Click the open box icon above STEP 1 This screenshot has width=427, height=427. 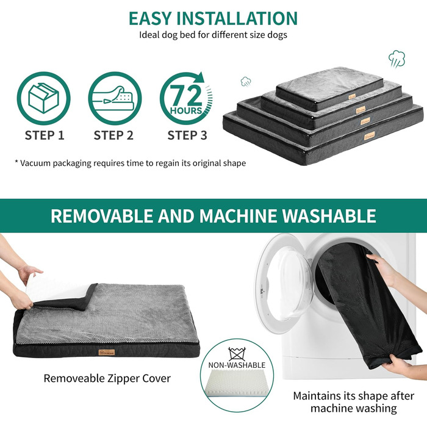(43, 98)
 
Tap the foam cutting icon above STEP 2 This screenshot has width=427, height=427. (115, 98)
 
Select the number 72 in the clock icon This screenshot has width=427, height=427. (187, 95)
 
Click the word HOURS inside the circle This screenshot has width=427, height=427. (186, 110)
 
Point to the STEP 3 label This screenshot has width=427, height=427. (187, 135)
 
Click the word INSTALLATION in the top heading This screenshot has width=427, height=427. (237, 18)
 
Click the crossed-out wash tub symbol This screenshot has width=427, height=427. (237, 354)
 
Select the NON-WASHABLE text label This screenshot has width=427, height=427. (237, 365)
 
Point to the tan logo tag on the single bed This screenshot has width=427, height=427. (107, 353)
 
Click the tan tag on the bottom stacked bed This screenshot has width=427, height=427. (370, 135)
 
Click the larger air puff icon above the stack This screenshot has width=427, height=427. (396, 59)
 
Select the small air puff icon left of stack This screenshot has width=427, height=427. (246, 81)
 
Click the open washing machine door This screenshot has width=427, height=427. (285, 283)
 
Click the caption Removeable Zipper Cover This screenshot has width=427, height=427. (107, 378)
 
